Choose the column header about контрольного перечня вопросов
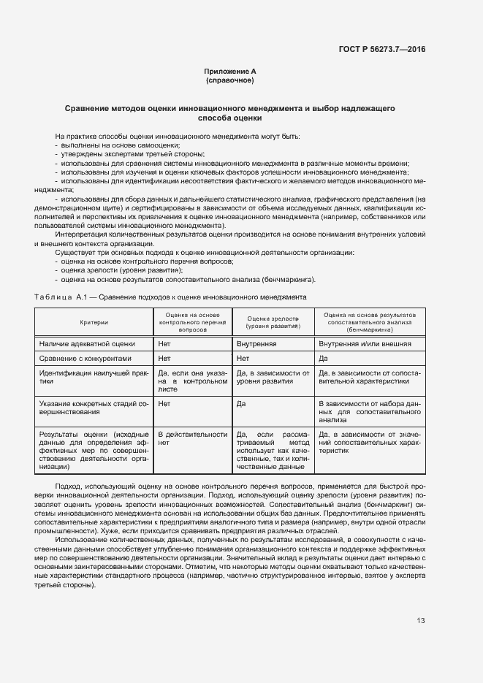tap(193, 321)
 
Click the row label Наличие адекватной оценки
tap(87, 343)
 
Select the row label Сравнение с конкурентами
tap(85, 359)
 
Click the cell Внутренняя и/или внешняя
tap(364, 343)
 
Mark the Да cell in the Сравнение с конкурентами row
tap(323, 359)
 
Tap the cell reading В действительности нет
tap(193, 438)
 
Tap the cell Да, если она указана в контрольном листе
tap(193, 381)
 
